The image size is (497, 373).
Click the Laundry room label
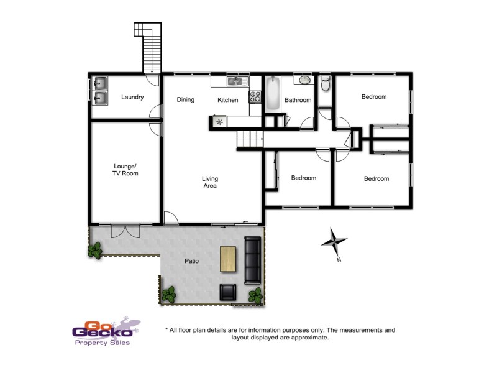point(132,97)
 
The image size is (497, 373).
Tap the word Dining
point(185,99)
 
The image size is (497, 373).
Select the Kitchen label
point(227,99)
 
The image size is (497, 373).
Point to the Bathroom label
point(298,100)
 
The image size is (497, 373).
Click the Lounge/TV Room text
point(125,170)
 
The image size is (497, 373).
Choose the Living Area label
point(210,182)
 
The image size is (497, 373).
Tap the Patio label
point(192,262)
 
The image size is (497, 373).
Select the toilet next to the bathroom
point(325,84)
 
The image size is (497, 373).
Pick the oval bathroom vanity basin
point(304,80)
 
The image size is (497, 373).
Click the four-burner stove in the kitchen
point(255,96)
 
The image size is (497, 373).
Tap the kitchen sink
point(237,81)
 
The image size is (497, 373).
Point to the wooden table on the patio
point(229,259)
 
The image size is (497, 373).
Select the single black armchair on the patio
point(228,292)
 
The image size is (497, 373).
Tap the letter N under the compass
point(339,260)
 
